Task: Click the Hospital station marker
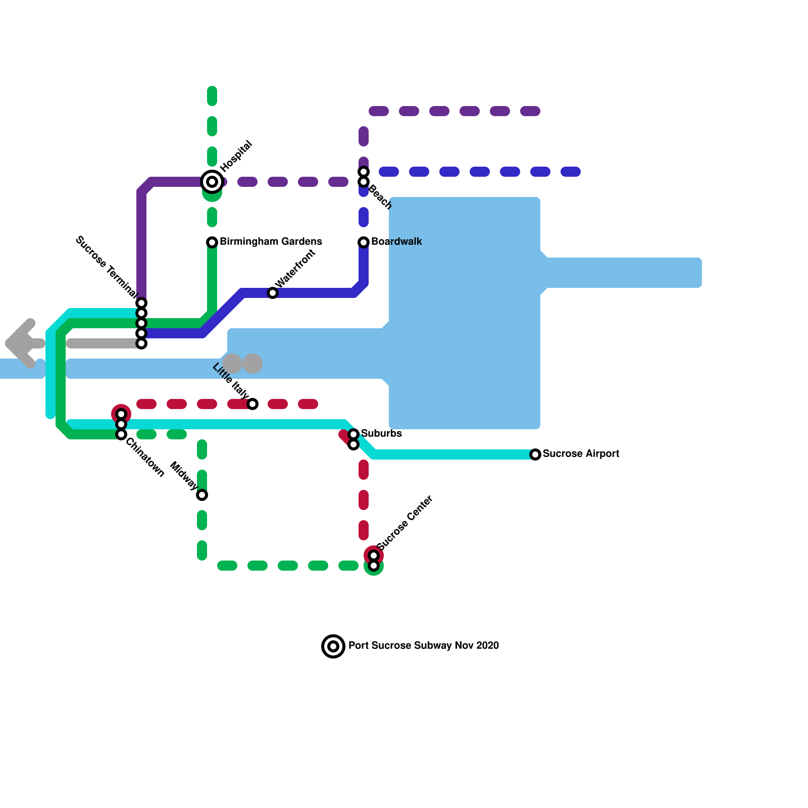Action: [212, 182]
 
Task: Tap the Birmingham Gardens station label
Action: [271, 242]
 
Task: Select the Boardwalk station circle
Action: [364, 242]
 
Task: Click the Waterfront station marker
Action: [273, 293]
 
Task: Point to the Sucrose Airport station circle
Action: [535, 454]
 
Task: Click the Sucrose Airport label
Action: [581, 454]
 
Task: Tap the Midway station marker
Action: [202, 495]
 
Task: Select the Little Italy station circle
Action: [252, 404]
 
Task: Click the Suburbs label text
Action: [381, 434]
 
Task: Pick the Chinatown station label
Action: [145, 458]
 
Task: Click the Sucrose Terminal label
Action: [106, 267]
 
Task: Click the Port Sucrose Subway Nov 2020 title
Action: [423, 646]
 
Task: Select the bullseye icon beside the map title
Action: [333, 646]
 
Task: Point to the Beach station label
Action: [380, 197]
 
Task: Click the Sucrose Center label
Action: [405, 522]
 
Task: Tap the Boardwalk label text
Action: [396, 242]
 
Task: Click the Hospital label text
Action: [236, 155]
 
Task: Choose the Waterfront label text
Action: [295, 268]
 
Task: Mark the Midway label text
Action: [184, 476]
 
